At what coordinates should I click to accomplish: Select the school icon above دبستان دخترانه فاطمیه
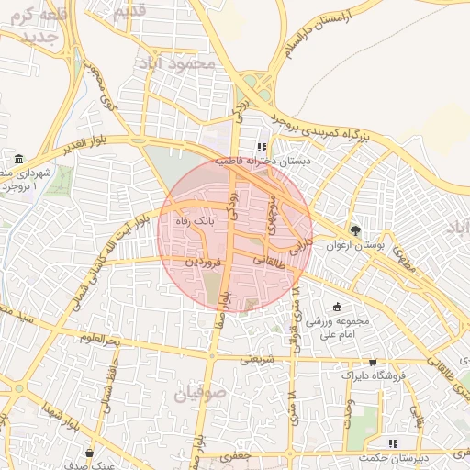click(x=262, y=146)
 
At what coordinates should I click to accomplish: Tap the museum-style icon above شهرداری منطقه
click(x=19, y=159)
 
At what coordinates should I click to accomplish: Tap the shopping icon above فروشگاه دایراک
click(x=372, y=363)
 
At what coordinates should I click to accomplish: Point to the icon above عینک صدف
click(x=89, y=453)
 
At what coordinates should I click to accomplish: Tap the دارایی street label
click(x=300, y=243)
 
